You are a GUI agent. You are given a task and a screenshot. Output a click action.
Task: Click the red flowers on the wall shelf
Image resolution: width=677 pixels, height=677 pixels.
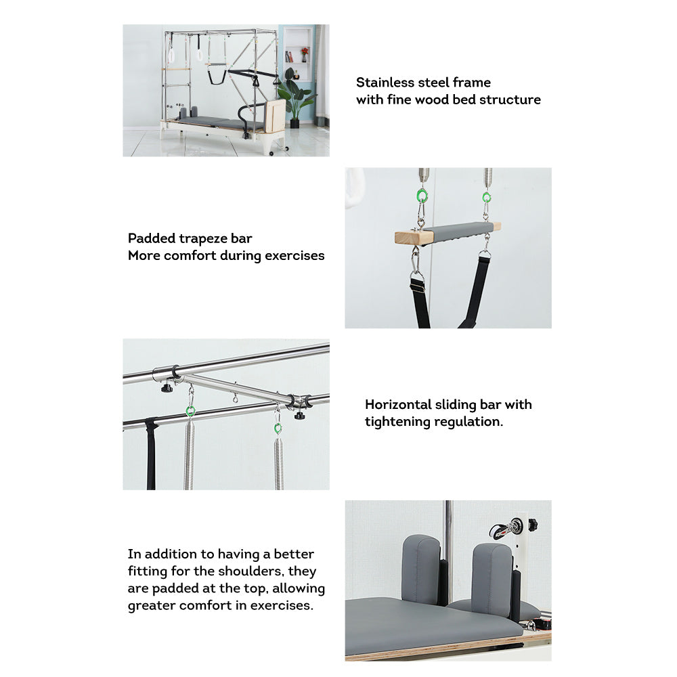pyautogui.click(x=304, y=51)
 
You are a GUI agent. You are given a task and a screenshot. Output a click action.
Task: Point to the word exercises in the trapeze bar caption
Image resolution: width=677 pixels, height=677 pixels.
pyautogui.click(x=294, y=256)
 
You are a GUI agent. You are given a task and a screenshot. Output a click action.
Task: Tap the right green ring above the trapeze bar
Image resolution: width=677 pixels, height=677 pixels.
pyautogui.click(x=486, y=198)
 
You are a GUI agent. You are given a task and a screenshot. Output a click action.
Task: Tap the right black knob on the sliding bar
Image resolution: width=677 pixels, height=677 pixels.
pyautogui.click(x=299, y=414)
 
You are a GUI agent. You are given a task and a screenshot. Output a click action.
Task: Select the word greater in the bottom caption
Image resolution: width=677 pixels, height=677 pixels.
pyautogui.click(x=152, y=606)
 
